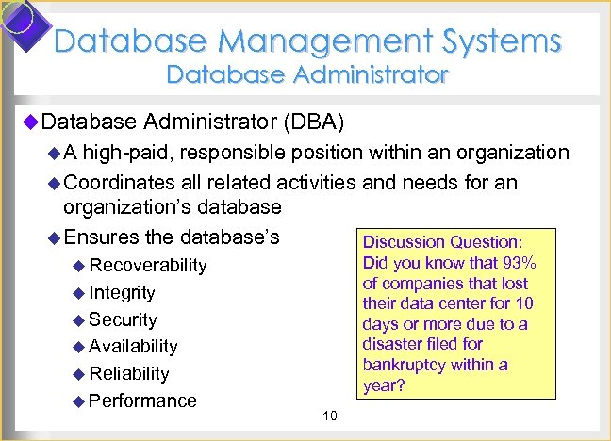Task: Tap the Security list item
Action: point(123,319)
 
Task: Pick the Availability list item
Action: point(133,347)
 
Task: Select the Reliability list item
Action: point(129,373)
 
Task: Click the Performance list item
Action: point(142,400)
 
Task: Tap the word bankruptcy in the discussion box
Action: point(410,365)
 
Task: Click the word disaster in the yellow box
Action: point(396,344)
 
